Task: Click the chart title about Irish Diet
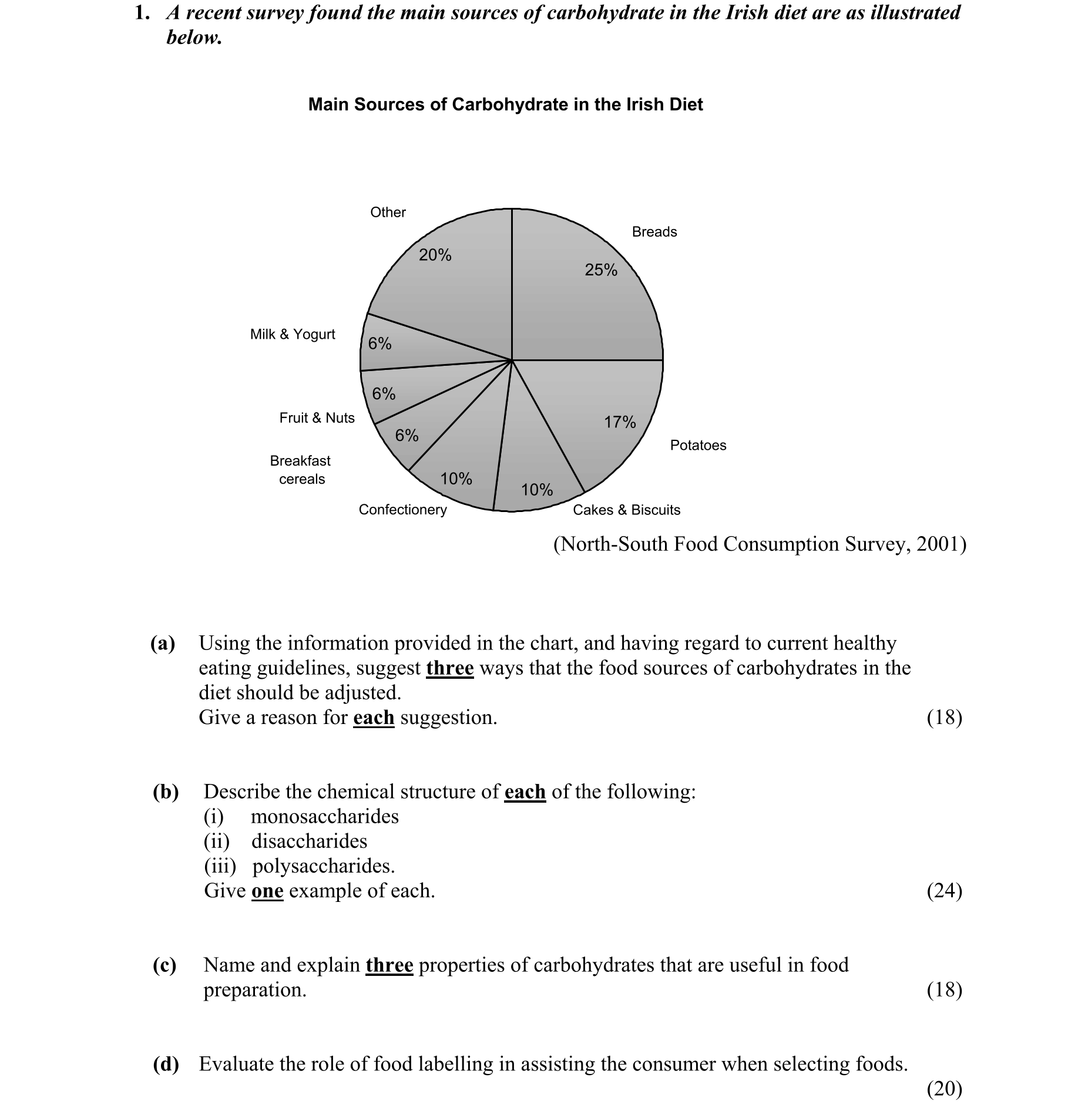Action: pos(505,105)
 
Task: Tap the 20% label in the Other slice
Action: pos(435,255)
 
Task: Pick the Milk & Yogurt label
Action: pos(293,334)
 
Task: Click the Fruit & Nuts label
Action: pos(317,418)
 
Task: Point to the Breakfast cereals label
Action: pos(301,470)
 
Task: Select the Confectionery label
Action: pos(402,510)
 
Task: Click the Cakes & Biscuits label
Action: pos(626,510)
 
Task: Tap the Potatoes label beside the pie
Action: pos(698,445)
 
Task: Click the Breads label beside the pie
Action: pos(654,232)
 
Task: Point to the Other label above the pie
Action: pos(388,213)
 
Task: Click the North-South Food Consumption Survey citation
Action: pos(760,544)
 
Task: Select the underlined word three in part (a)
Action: pos(450,668)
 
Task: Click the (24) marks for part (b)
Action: pos(944,891)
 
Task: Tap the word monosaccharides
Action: pos(324,817)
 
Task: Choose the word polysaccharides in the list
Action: pos(323,866)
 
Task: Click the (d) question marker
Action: pos(166,1064)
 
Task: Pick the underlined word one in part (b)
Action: pos(267,891)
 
